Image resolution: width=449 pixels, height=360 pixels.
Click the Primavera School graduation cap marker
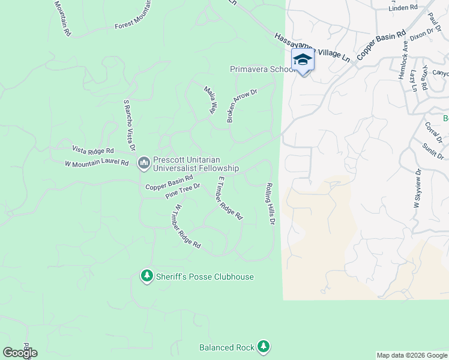click(303, 60)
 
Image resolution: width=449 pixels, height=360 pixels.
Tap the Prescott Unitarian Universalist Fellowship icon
click(144, 163)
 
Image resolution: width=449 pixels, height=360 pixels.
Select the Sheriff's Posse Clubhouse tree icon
click(146, 276)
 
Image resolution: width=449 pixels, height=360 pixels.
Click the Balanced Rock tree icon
click(263, 346)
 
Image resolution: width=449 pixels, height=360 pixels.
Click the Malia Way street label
click(210, 100)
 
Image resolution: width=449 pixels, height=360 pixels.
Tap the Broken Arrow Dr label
click(241, 106)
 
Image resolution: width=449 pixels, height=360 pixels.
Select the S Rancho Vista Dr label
click(129, 125)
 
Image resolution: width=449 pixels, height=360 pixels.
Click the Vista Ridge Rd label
click(93, 150)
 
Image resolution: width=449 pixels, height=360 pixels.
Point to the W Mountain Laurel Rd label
click(97, 163)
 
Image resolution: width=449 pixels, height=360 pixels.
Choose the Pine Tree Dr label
click(182, 191)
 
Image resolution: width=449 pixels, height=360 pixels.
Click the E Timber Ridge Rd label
click(230, 197)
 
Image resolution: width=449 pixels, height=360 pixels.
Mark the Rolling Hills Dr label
click(270, 203)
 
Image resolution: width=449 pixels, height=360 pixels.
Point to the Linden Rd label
click(403, 7)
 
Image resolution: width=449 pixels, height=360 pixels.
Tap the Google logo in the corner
click(20, 353)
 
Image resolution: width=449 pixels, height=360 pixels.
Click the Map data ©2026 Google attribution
click(412, 355)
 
